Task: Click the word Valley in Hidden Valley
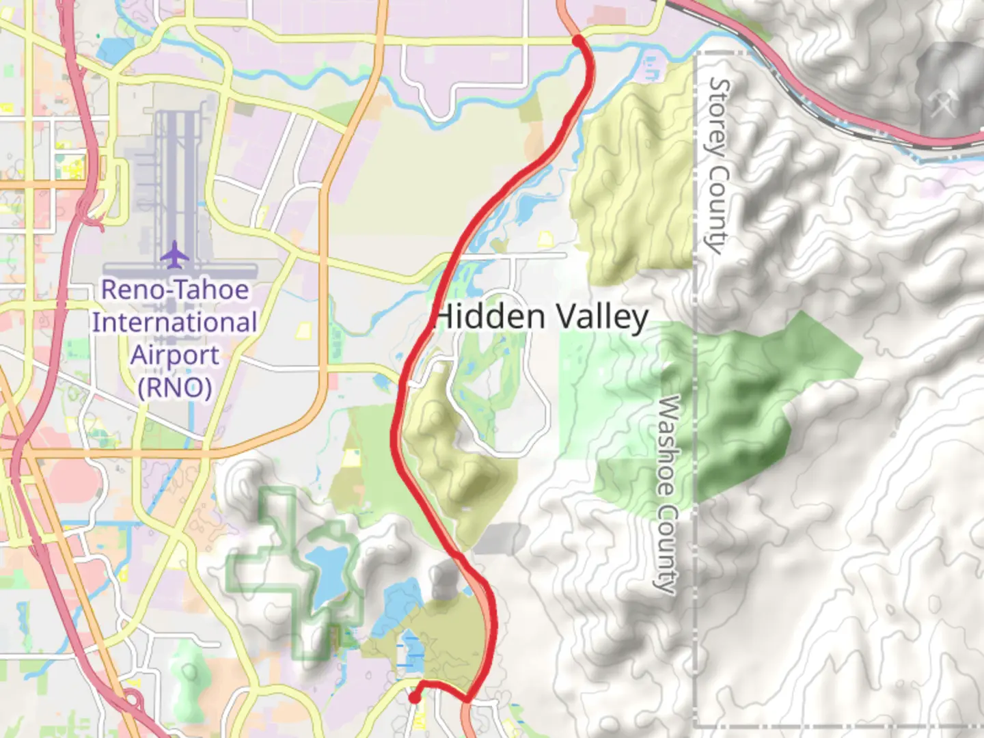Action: click(601, 318)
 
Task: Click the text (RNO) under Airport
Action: click(175, 387)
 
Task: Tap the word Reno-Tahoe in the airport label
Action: click(175, 290)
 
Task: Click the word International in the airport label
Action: click(175, 323)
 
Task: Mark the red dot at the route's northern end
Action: click(578, 41)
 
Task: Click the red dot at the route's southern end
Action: click(414, 698)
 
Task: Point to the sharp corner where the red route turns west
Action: click(468, 699)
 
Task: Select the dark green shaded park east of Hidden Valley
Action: click(738, 410)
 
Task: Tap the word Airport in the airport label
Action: click(175, 355)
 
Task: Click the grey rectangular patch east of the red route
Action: click(501, 539)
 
